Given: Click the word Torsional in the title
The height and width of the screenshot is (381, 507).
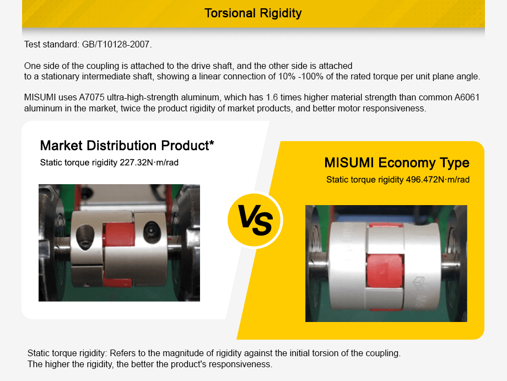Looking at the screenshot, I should pos(229,13).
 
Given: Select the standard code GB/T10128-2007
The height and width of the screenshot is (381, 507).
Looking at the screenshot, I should pos(116,44).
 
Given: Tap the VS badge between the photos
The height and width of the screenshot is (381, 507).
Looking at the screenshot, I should pos(254,219).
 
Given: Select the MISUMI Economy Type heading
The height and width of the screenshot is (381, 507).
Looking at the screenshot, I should pos(397,163).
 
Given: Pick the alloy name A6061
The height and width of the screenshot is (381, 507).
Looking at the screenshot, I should pos(467,98).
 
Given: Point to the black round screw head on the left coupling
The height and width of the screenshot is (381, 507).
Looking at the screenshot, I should pos(150,228).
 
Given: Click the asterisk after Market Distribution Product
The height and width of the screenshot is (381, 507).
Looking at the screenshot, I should pos(211,144).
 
